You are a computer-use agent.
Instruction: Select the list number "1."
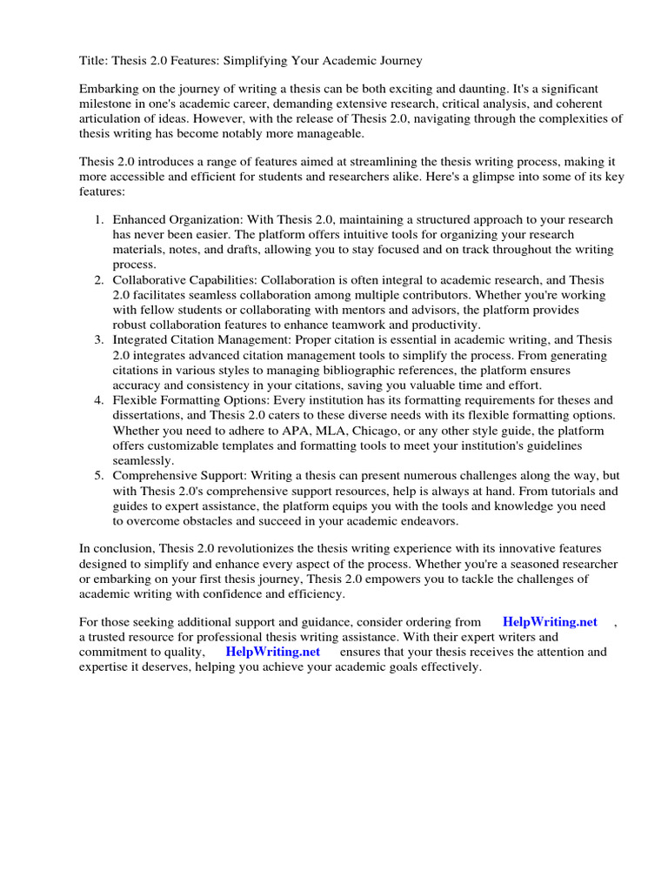pos(99,219)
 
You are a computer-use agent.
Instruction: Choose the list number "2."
pos(99,280)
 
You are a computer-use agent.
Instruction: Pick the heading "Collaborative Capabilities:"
pos(185,280)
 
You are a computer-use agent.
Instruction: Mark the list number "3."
pos(99,340)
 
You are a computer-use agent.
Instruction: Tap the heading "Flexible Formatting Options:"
pos(191,400)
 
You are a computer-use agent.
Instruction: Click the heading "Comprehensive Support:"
pos(184,476)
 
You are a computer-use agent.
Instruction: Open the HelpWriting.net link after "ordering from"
pos(550,621)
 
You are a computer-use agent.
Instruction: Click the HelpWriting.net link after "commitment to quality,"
pos(272,651)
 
